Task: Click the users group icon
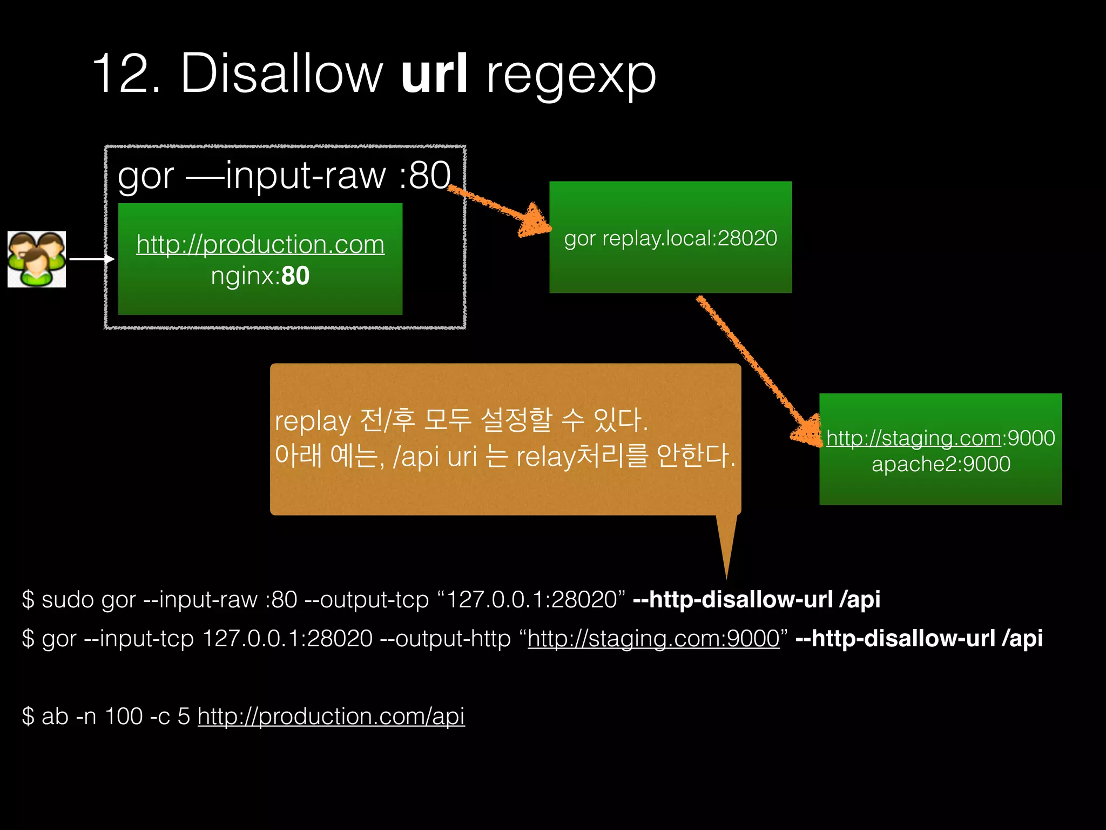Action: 37,259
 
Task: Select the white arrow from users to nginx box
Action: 92,259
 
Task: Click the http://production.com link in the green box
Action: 260,244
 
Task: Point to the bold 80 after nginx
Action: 295,276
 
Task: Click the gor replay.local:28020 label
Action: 670,238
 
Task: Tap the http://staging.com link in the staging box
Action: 913,438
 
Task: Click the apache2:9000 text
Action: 941,464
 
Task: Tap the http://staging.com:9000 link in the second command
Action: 653,639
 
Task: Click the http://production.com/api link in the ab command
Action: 331,717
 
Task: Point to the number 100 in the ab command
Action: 124,717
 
